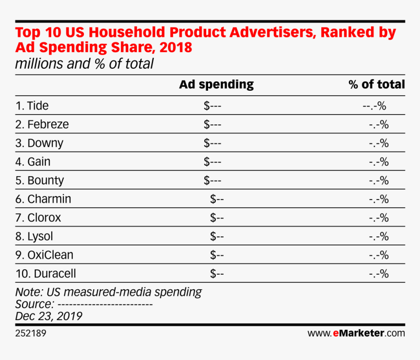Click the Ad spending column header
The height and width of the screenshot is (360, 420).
[x=216, y=84]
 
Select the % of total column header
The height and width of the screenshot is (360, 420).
[x=377, y=84]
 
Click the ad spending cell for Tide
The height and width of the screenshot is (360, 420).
[x=212, y=106]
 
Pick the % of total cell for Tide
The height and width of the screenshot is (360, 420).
[x=375, y=106]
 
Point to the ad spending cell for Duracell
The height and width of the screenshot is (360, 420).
[x=217, y=274]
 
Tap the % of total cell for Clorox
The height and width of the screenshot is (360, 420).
[x=378, y=218]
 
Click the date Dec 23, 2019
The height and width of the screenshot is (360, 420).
[x=48, y=316]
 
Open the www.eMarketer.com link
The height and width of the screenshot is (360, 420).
[x=356, y=334]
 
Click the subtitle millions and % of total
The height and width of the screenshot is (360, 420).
[x=84, y=64]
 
